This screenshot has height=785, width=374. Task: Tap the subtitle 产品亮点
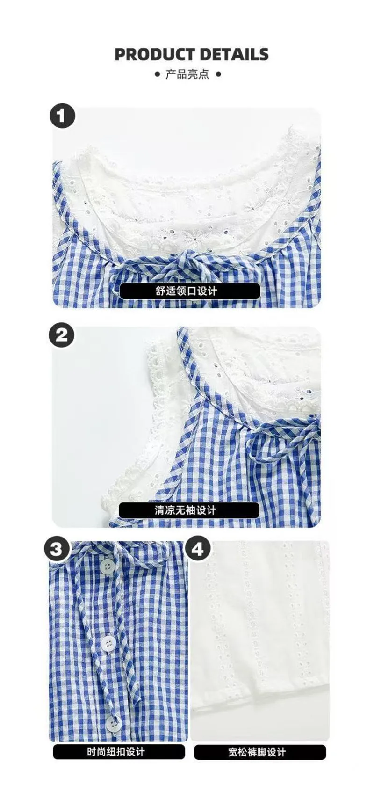187,74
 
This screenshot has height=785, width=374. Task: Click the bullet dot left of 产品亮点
157,74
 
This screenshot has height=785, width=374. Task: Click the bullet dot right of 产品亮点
217,74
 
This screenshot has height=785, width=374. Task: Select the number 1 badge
62,115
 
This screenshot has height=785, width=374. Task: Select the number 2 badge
62,335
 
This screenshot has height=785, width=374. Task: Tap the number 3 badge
57,548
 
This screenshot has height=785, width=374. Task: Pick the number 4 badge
198,548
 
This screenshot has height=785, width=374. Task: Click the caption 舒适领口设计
189,291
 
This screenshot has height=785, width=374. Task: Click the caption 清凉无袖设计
189,510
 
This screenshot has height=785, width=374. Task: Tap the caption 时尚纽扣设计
116,752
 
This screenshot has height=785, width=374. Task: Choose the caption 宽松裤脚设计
259,752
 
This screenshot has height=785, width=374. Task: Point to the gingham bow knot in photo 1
187,257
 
